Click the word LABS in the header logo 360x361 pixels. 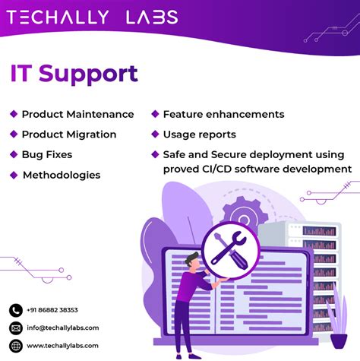pos(152,17)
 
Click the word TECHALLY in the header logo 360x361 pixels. pos(58,17)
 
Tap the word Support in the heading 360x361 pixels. pos(88,74)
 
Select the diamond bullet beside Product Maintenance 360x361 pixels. pos(14,114)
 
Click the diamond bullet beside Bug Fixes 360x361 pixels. pos(14,154)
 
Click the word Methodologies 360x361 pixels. pos(62,176)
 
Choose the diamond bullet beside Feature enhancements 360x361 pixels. pos(155,114)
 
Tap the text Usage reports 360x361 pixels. pos(200,135)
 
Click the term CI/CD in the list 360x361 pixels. pos(216,169)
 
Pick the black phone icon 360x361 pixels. pos(16,310)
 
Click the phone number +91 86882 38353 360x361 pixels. pos(52,310)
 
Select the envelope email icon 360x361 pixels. pos(16,328)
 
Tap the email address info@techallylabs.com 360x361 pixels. pos(63,328)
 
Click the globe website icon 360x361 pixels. pos(16,346)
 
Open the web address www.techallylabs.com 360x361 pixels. pos(62,346)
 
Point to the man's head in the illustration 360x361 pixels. pos(192,261)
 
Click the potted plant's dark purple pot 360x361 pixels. pos(339,341)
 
